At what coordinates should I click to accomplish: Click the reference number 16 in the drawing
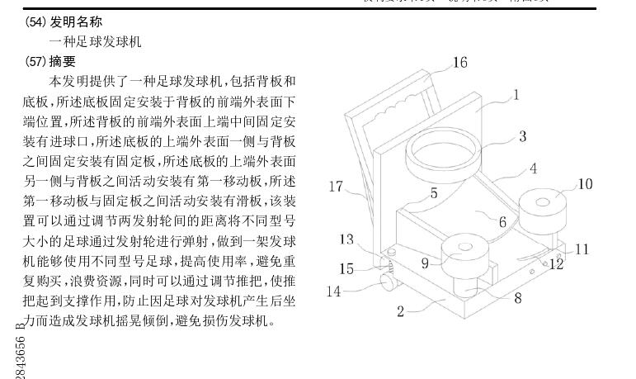click(459, 63)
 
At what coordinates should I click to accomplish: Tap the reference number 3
click(522, 136)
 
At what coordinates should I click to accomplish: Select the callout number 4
click(533, 168)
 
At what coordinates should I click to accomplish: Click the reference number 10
click(584, 183)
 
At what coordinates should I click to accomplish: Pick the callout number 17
click(335, 187)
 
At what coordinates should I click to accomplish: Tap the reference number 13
click(346, 239)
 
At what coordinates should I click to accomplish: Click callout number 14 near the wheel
click(333, 291)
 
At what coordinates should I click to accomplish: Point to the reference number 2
click(400, 311)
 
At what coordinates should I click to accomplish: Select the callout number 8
click(518, 298)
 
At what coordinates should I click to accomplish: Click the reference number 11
click(582, 249)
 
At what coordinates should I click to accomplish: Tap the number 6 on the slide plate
click(502, 221)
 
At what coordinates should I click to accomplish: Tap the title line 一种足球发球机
click(95, 41)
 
